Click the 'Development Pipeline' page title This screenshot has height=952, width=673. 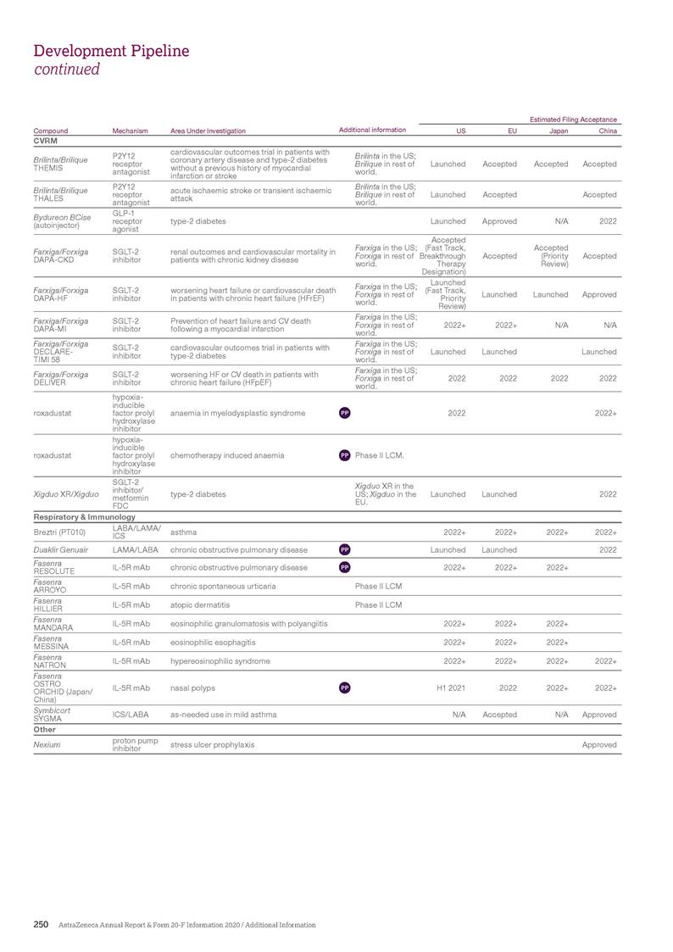(111, 51)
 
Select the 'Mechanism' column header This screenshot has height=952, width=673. (130, 131)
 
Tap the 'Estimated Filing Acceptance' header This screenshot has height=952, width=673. (573, 120)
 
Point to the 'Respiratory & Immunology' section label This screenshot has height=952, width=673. (84, 516)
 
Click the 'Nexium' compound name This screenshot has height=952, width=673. (46, 744)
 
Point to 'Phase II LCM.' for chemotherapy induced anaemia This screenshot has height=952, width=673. (380, 455)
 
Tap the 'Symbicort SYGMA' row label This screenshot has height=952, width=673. (53, 715)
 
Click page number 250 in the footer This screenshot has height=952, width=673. (41, 925)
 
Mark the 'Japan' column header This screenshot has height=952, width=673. (559, 131)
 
